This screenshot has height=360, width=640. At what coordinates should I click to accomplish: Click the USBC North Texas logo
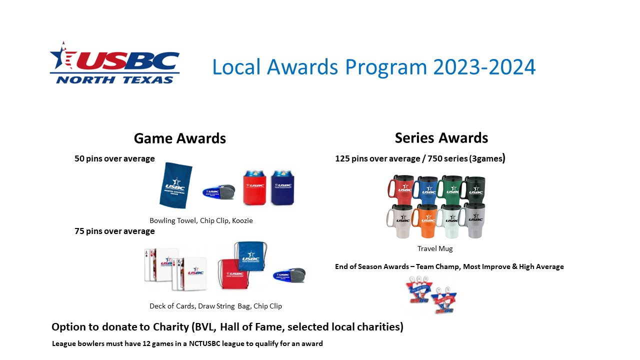114,63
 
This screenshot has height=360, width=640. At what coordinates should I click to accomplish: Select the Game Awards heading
179,138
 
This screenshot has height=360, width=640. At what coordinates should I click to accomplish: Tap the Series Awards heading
441,137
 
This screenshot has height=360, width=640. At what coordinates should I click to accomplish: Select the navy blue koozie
282,188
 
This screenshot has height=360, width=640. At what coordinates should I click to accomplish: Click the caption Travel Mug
435,248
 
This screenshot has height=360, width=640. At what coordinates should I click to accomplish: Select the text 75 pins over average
114,231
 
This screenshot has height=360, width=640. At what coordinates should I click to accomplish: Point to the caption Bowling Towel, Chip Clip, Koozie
201,220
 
